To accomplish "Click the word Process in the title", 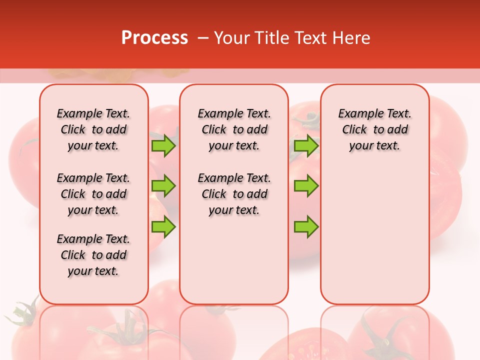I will point(154,38).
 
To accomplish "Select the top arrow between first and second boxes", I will point(163,145).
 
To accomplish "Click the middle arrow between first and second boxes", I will point(163,186).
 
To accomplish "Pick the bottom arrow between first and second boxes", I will point(163,226).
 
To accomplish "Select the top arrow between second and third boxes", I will point(306,145).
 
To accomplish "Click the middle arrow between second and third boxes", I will point(306,186).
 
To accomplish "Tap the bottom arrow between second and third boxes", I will point(306,226).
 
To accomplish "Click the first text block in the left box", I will point(93,129).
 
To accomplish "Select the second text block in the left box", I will point(93,194).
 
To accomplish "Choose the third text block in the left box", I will point(93,255).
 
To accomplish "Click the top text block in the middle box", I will point(234,129).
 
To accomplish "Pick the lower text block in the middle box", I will point(234,194).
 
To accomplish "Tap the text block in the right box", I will point(374,129).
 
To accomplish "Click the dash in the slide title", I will point(203,38).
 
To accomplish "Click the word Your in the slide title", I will point(231,38).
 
